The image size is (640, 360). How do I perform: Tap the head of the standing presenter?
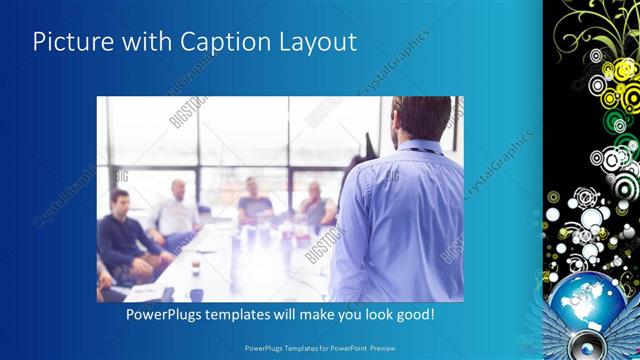(421, 118)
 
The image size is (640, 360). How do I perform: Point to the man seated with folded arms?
(254, 204)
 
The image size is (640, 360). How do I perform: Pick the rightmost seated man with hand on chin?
(315, 205)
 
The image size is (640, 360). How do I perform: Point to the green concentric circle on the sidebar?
(616, 122)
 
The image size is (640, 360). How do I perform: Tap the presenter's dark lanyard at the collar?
(421, 150)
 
